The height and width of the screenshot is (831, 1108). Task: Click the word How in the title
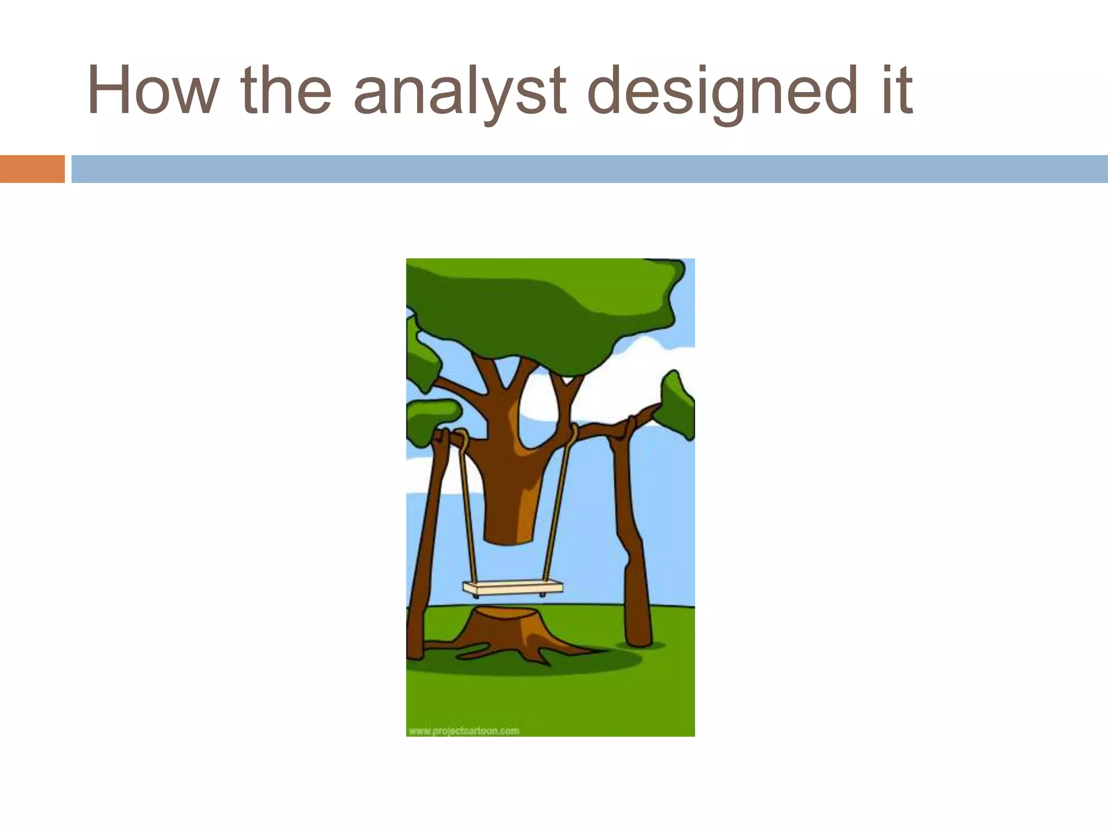151,90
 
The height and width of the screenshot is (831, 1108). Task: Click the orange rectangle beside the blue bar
32,169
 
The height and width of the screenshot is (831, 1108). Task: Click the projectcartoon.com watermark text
464,731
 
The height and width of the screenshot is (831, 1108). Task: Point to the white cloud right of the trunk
622,390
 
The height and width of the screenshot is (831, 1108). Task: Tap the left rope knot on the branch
461,436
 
